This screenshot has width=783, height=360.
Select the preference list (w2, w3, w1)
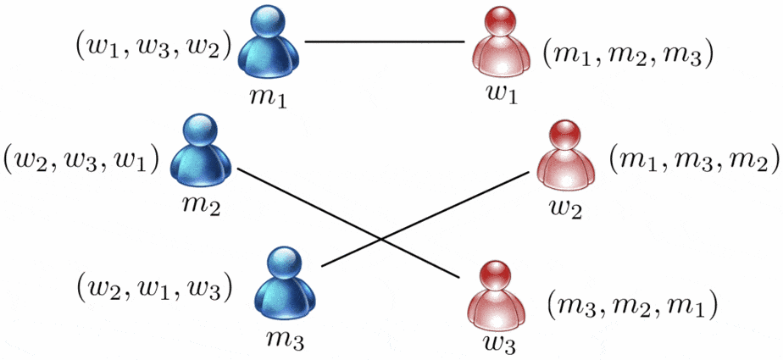82,158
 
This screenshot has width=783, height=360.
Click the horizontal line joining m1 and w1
385,42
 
